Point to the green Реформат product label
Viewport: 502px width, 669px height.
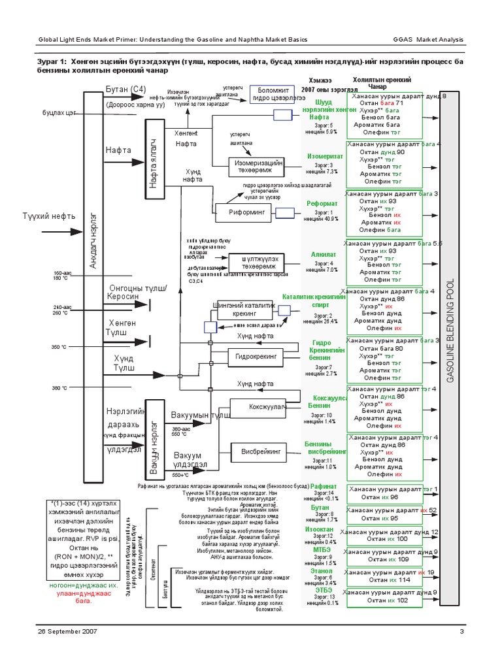pos(322,204)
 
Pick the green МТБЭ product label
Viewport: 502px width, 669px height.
pos(322,549)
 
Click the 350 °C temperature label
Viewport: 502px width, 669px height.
pos(59,347)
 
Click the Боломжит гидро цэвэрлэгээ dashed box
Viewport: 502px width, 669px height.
pos(280,92)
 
